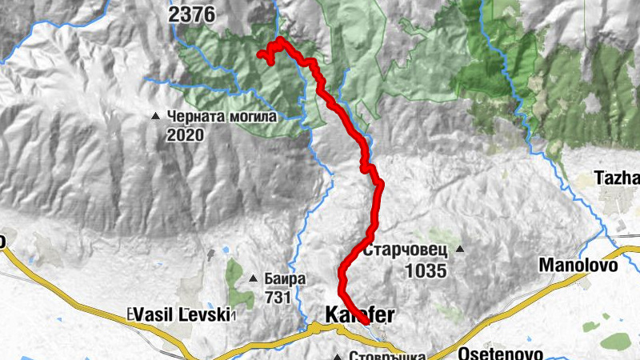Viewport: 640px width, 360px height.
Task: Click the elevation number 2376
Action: (194, 14)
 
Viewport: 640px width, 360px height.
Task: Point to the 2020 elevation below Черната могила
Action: (186, 135)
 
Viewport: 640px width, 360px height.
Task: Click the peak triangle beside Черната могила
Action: (156, 117)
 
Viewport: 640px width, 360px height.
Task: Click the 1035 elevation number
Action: (425, 270)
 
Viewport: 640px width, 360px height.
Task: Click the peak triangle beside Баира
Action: (254, 279)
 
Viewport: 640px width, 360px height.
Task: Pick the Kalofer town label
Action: (361, 310)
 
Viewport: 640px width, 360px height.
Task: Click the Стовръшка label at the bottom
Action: (385, 355)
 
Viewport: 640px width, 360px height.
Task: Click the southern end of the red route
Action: (366, 321)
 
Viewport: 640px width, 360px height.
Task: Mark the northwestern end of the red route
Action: (259, 54)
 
